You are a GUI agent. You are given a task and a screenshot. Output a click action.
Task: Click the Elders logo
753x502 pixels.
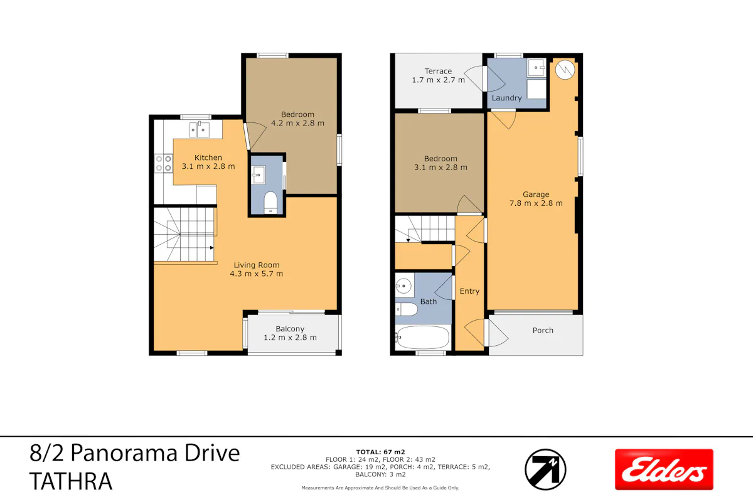pos(664,469)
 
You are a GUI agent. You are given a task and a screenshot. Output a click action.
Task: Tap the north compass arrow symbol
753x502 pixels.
pos(545,469)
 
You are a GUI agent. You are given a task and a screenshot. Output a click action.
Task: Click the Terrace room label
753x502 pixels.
pos(438,72)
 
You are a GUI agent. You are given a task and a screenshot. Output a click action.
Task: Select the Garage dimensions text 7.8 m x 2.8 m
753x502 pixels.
pos(536,203)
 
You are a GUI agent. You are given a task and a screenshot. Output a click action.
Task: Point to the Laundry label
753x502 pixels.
pos(506,98)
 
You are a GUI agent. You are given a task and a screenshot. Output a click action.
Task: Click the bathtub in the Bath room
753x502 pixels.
pos(422,337)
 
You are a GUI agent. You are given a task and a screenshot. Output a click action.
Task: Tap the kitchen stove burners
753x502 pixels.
pos(164,163)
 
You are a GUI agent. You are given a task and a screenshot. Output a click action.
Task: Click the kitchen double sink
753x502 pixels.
pos(200,130)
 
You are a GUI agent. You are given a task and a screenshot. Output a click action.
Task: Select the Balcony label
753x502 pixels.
pos(290,329)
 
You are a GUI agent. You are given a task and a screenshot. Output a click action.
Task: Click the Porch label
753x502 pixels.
pos(543,330)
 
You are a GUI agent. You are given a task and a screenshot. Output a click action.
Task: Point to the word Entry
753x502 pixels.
pos(469,291)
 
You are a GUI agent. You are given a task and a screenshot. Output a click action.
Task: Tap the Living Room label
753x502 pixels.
pos(257,265)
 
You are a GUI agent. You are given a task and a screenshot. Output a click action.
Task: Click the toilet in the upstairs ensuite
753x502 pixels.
pos(270,203)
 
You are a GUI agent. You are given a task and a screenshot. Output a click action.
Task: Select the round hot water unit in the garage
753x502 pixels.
pos(565,70)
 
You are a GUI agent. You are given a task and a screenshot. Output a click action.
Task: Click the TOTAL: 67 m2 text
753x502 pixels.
pos(380,452)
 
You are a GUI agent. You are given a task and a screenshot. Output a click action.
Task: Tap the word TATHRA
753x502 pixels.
pos(71,481)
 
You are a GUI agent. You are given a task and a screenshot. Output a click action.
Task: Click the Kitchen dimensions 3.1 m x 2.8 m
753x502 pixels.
pos(208,166)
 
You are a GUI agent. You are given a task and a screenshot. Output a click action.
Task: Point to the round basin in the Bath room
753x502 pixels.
pos(403,286)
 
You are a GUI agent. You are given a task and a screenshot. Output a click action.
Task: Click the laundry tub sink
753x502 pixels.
pos(536,68)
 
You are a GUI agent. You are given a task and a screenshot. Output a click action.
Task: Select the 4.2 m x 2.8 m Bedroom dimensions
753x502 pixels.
pos(297,123)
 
